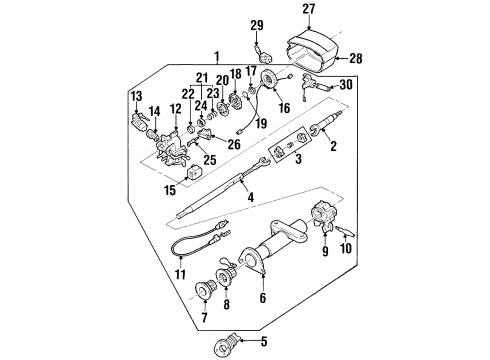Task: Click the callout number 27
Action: coord(308,12)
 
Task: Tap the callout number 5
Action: coord(264,342)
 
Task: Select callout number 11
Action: coord(180,272)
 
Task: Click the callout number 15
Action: coord(170,190)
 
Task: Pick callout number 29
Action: coord(256,25)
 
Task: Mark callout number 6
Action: coord(263,298)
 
